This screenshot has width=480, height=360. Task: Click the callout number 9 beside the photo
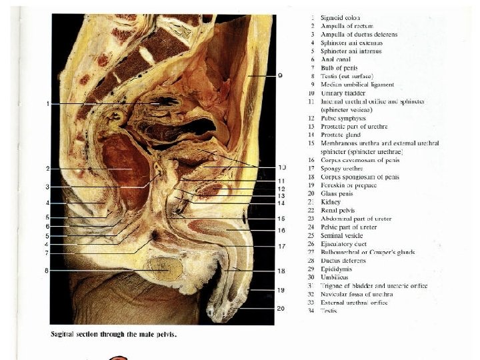(x=281, y=76)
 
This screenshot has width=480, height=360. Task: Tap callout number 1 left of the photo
(x=49, y=104)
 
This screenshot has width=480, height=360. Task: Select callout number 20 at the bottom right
(x=281, y=309)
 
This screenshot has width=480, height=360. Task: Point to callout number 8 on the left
(x=46, y=271)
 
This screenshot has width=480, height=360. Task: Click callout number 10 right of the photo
(x=282, y=167)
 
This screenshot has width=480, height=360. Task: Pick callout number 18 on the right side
(x=282, y=271)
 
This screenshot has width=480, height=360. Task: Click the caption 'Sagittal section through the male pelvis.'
(x=114, y=333)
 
